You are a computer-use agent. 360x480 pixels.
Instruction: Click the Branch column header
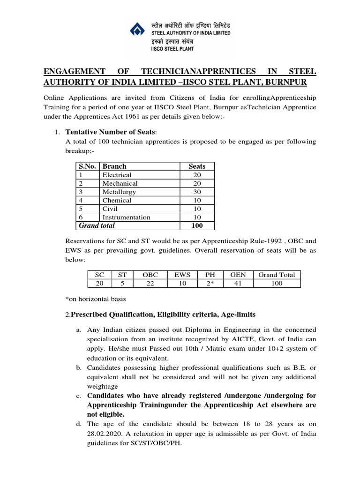tap(114, 166)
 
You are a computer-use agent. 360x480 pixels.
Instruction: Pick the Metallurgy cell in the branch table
tap(119, 192)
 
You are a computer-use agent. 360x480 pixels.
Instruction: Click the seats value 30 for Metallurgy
tap(197, 192)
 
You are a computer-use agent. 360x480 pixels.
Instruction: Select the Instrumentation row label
tap(126, 217)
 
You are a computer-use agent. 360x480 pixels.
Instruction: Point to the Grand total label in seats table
tap(97, 225)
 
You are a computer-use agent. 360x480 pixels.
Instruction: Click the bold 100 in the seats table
tap(197, 225)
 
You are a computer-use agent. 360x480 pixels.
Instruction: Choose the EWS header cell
tap(182, 275)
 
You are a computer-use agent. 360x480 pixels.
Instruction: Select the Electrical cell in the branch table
tap(117, 175)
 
